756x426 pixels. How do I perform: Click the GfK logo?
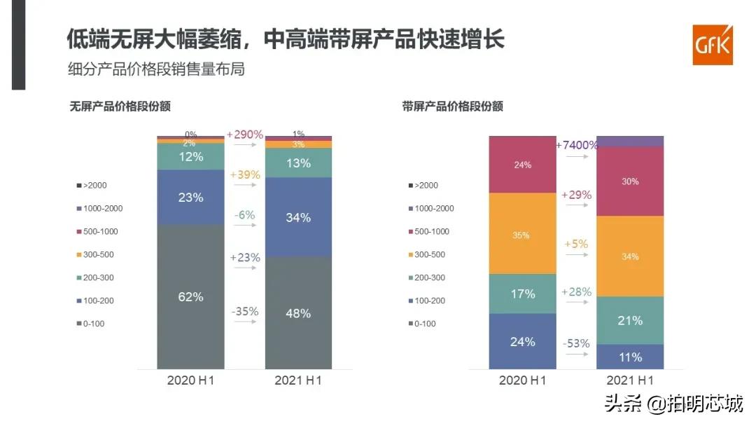pos(712,45)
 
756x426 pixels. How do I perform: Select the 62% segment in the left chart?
pos(190,296)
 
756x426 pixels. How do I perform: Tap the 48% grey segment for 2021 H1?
pos(298,312)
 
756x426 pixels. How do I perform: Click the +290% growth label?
pos(244,134)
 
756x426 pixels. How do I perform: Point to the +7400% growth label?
pos(577,145)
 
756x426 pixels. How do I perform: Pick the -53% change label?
pos(576,343)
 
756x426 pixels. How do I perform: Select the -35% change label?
pos(244,310)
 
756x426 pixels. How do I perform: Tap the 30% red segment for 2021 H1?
pos(629,181)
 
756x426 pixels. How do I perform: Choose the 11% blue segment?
pos(629,357)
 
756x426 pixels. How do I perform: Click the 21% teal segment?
pos(629,320)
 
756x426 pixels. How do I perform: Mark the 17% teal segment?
pos(522,294)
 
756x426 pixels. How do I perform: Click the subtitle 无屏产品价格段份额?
pos(120,106)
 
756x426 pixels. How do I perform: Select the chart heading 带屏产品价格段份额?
pos(452,106)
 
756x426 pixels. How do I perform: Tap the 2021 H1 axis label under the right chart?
pos(630,380)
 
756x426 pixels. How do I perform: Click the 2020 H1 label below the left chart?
pos(190,380)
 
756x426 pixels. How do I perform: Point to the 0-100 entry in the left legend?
pos(94,324)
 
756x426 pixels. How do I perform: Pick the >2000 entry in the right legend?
pos(425,186)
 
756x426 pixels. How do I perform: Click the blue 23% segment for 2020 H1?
pos(190,198)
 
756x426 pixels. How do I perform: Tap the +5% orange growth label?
pos(576,245)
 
